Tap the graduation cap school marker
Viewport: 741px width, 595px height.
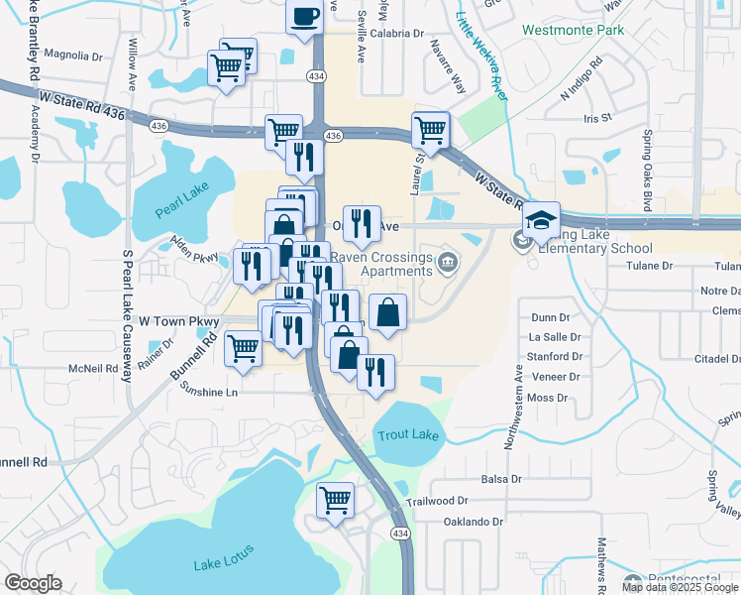point(542,219)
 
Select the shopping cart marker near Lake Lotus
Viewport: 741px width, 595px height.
point(336,500)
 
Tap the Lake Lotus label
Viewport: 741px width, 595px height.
point(224,557)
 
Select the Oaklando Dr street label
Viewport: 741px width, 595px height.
point(474,522)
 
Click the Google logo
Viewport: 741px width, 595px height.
point(33,583)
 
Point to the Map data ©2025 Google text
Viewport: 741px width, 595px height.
point(679,587)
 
